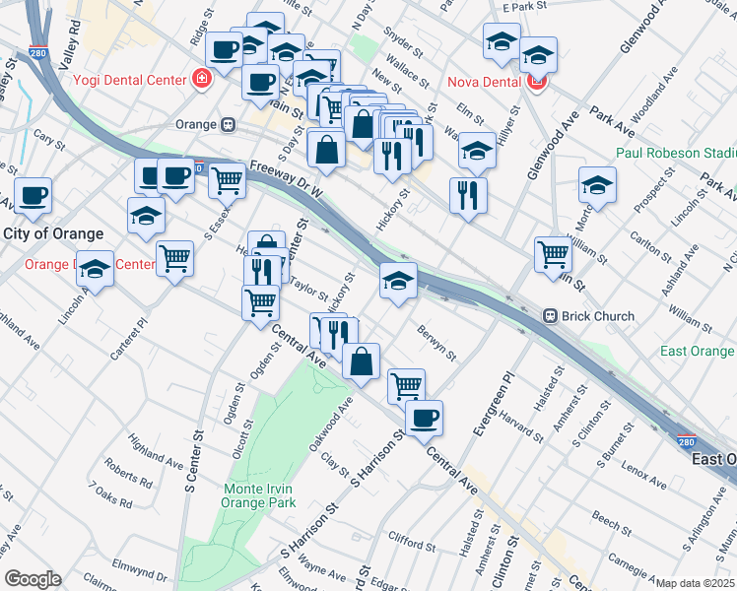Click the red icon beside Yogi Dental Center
[x=203, y=78]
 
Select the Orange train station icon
[x=229, y=125]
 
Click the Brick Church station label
[x=597, y=316]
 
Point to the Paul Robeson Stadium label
[x=676, y=153]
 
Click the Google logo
[x=33, y=578]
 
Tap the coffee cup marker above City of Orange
[x=33, y=194]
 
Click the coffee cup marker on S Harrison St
[x=424, y=418]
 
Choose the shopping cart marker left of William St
[x=554, y=254]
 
